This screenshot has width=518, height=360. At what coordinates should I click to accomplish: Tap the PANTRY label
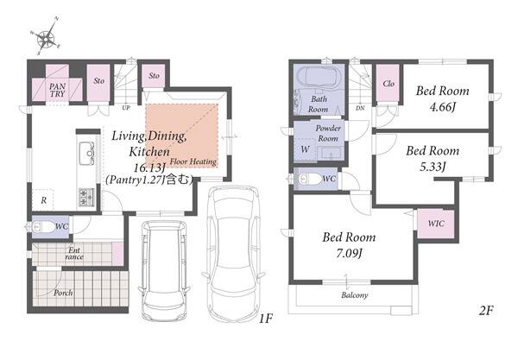58,90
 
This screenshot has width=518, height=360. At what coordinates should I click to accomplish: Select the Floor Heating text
193,161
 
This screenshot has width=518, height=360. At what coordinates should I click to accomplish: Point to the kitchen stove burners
86,196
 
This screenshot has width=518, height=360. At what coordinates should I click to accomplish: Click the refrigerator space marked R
43,200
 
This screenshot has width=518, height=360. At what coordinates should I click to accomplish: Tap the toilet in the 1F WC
42,226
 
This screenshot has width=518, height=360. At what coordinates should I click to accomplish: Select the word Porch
63,293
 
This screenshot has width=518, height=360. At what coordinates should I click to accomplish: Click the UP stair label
126,108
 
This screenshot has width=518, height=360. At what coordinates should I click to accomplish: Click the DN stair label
360,108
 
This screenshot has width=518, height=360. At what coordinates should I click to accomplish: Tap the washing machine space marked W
305,149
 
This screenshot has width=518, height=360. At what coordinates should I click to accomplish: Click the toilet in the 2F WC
308,179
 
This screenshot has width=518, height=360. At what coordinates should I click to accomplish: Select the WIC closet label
436,224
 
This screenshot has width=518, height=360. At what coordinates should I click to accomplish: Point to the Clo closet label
388,84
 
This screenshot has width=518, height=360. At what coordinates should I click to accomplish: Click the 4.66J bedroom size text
443,107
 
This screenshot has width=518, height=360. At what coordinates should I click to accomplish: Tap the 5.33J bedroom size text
433,167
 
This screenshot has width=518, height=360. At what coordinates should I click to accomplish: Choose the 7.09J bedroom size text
349,254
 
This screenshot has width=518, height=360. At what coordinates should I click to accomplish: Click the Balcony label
355,295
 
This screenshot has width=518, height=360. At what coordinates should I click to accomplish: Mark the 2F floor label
486,311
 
